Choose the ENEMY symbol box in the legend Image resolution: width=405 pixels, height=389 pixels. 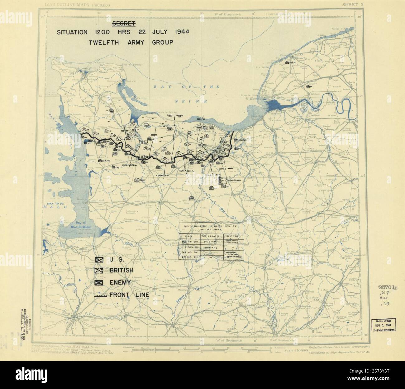100,283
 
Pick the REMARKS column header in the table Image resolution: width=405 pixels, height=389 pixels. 233,235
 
